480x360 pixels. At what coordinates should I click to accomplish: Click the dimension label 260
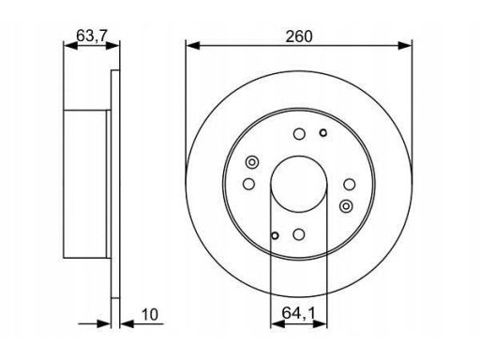coord(299,37)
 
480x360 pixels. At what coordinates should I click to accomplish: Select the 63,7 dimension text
coord(92,35)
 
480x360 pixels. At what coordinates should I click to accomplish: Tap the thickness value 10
coord(150,315)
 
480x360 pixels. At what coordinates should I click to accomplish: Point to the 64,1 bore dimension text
coord(298,313)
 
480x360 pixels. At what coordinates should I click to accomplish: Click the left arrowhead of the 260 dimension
coord(192,46)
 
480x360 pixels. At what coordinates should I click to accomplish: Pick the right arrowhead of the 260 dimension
coord(405,46)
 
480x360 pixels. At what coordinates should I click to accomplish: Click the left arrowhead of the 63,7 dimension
coord(70,46)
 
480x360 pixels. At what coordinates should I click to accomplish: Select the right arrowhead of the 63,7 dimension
coord(112,46)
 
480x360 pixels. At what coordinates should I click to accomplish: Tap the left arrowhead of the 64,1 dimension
coord(277,324)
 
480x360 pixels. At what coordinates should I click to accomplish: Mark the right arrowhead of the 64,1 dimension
coord(320,324)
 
